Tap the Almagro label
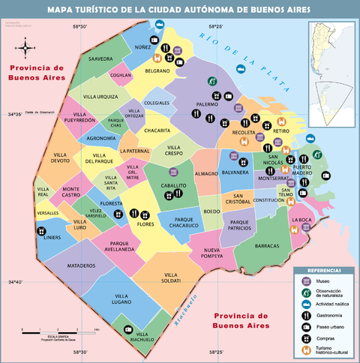coord(206,173)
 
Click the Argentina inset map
coord(331,71)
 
